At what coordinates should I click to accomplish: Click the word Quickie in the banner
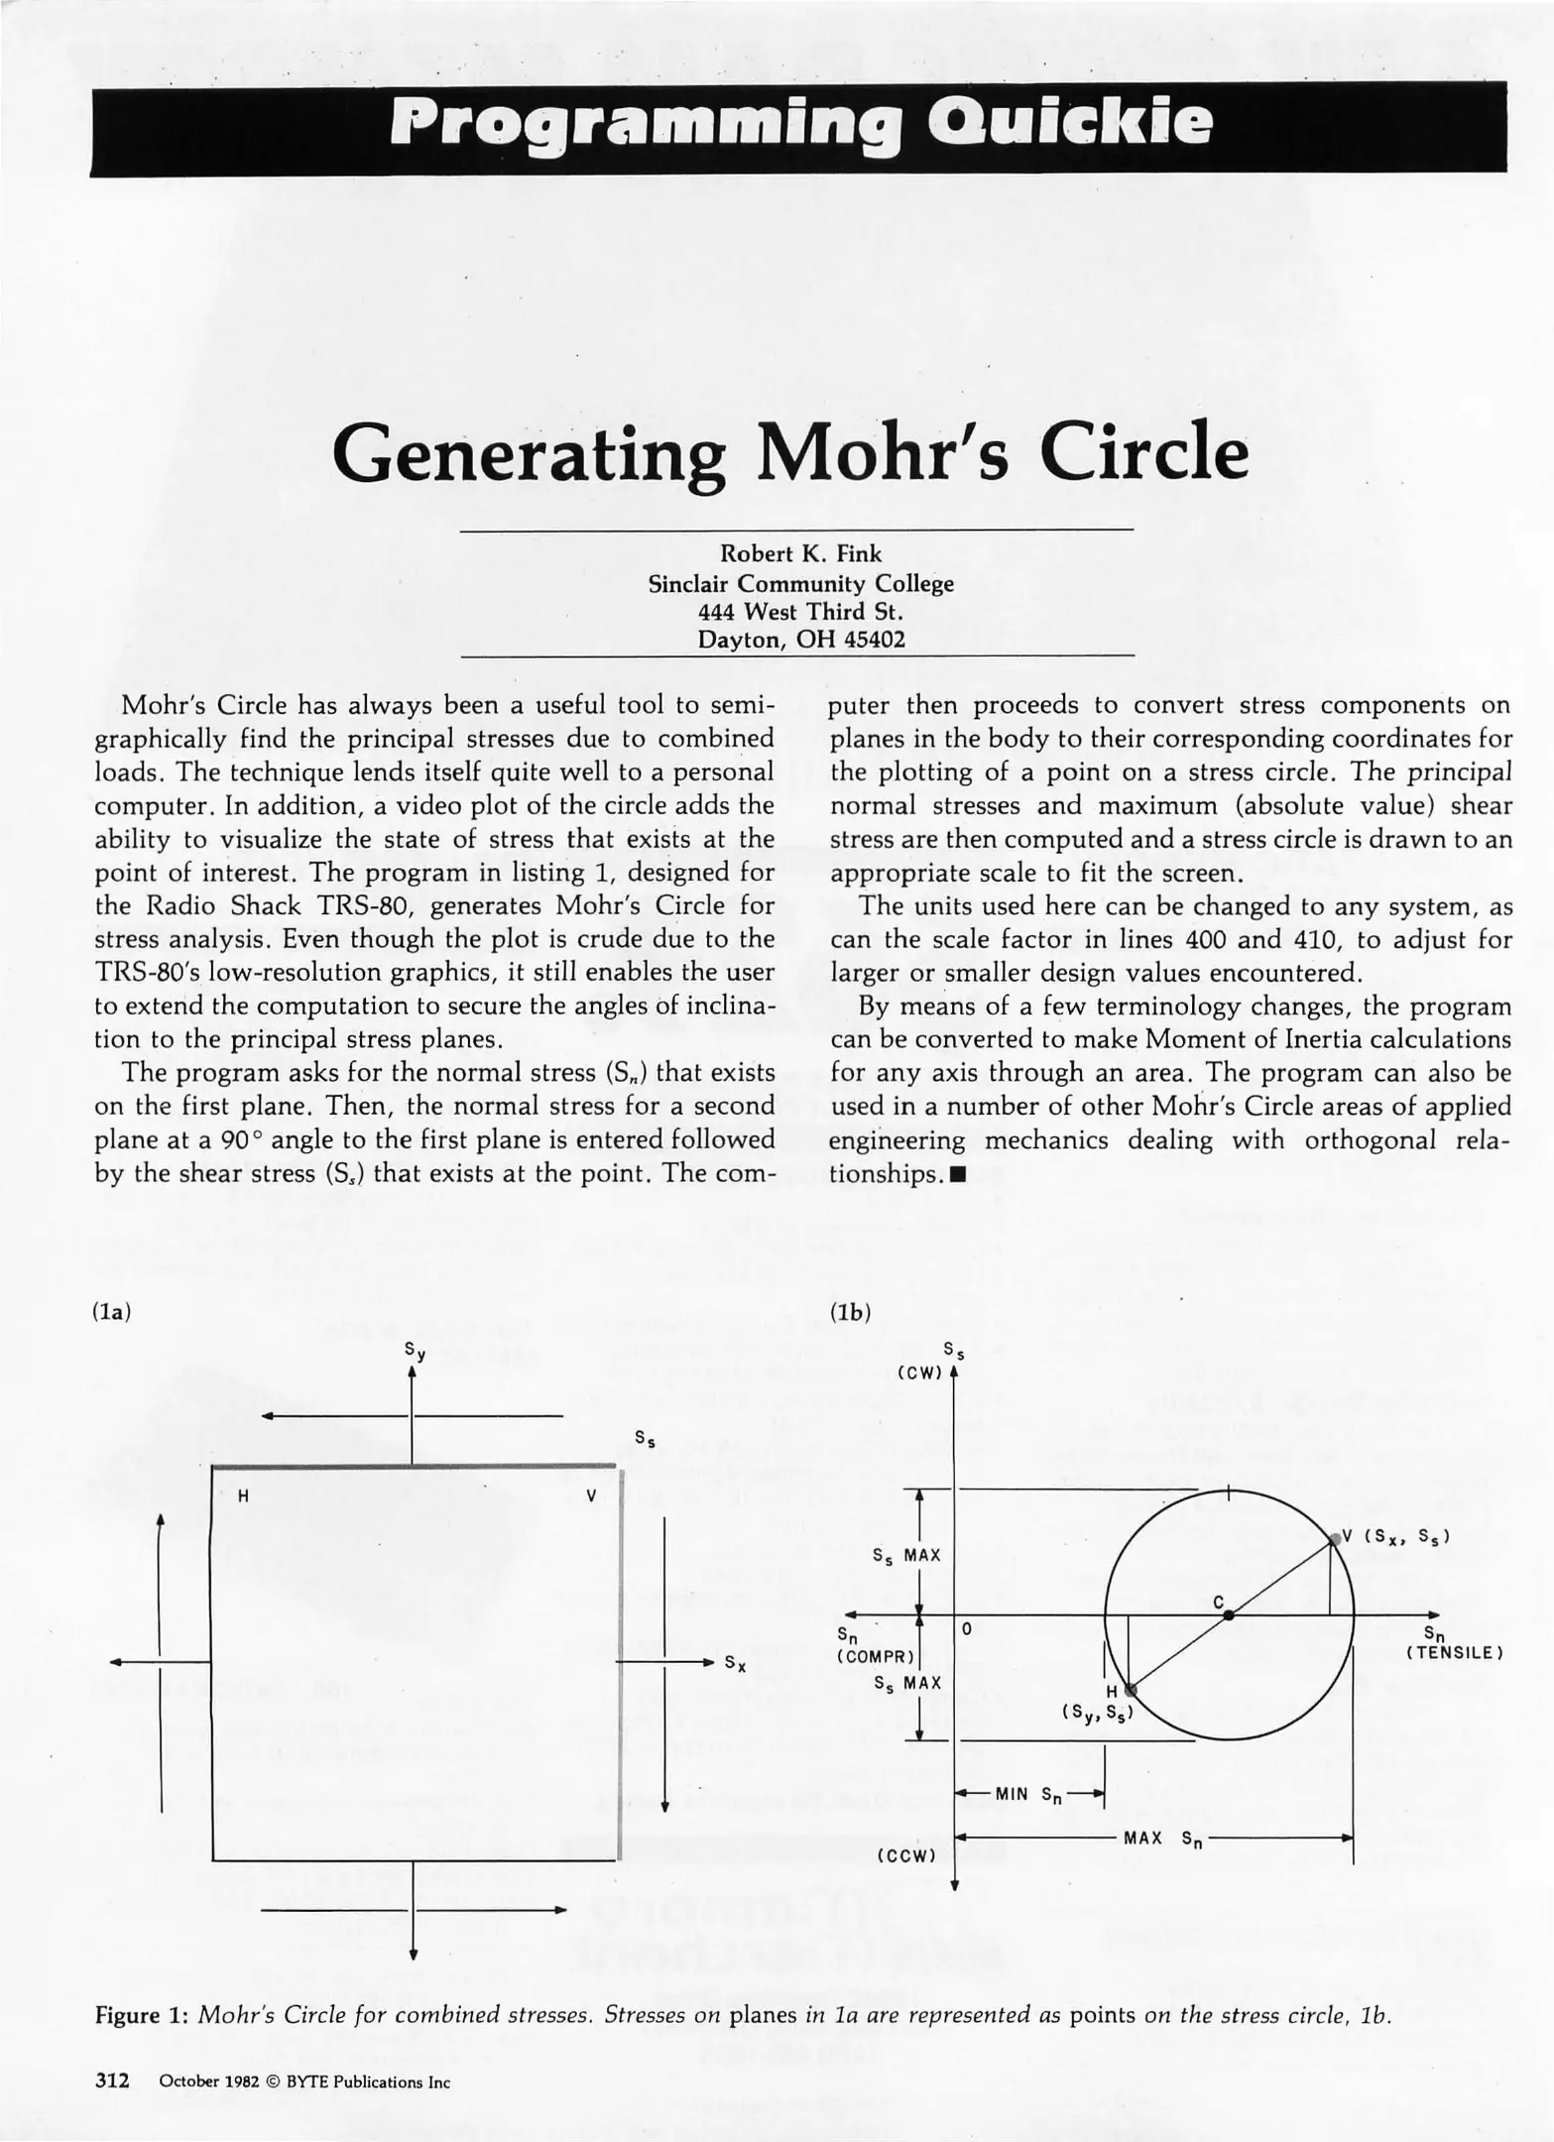click(1069, 126)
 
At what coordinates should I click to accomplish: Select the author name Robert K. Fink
click(800, 554)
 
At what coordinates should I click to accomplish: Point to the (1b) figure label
click(850, 1312)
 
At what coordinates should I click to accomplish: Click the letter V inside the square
click(591, 1496)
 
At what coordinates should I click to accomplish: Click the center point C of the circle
click(1228, 1615)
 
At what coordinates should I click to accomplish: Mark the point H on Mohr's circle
click(1130, 1689)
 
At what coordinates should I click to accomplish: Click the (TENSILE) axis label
click(1454, 1653)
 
